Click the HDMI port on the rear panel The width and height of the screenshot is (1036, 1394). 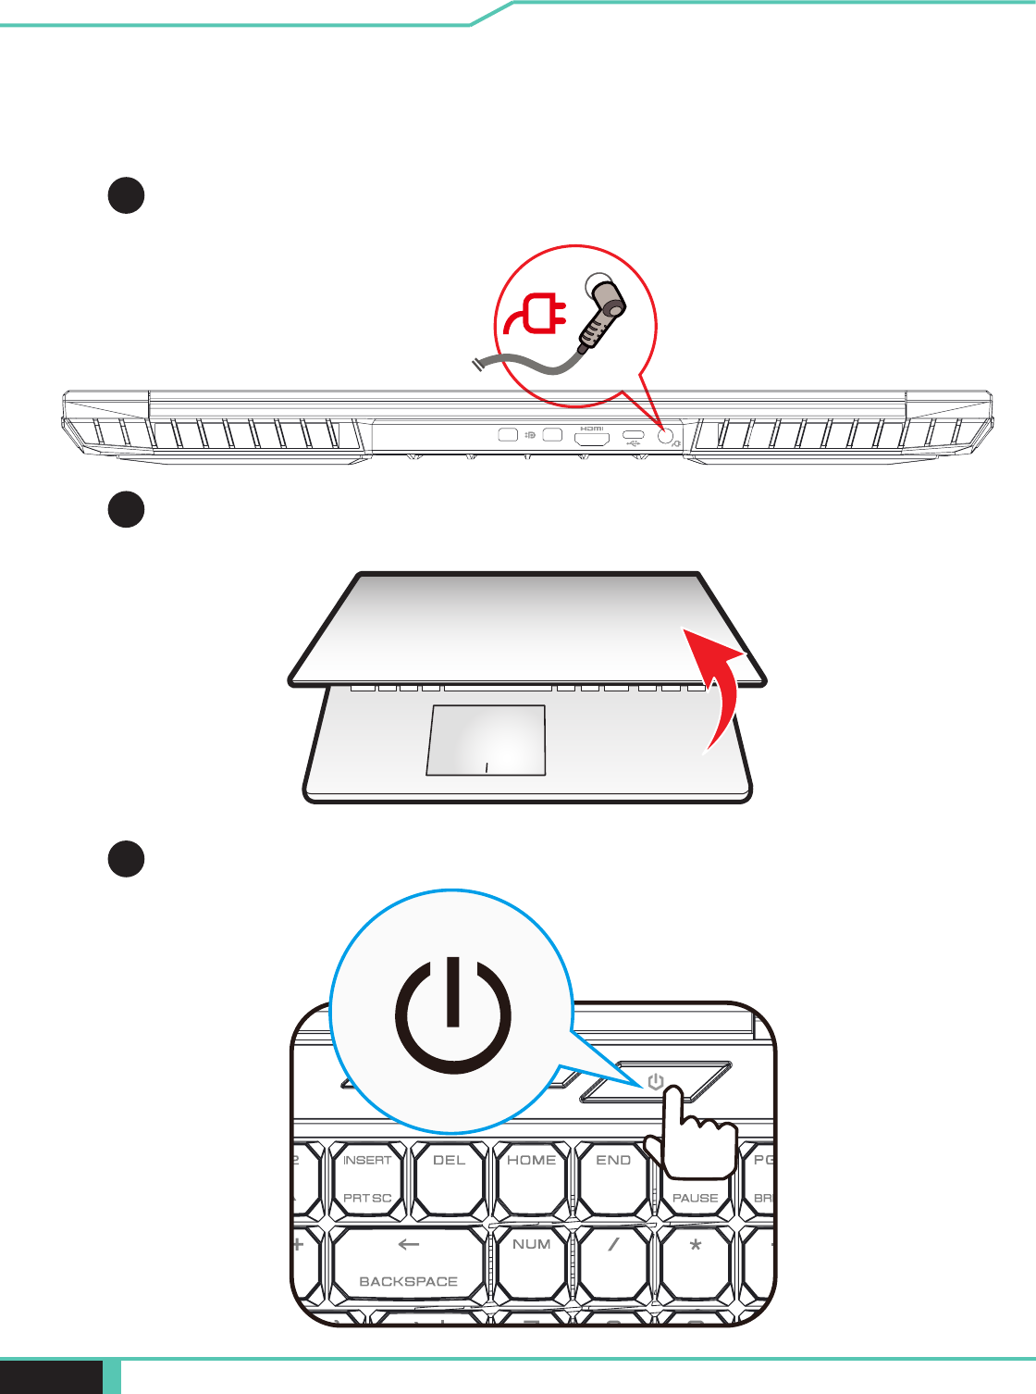click(x=592, y=438)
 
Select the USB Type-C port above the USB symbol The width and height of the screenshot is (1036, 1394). click(x=634, y=434)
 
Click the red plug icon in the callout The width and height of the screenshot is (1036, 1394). click(x=536, y=315)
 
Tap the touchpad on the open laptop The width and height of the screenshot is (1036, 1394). click(x=487, y=741)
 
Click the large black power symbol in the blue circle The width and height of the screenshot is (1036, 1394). click(x=452, y=1015)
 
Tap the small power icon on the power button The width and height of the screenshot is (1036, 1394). click(x=656, y=1081)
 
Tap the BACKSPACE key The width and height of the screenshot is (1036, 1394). click(x=408, y=1264)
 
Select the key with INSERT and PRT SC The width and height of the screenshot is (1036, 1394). click(x=367, y=1178)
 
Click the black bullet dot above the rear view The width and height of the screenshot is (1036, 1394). click(x=126, y=195)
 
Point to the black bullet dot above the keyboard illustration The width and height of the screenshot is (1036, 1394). click(x=126, y=858)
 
